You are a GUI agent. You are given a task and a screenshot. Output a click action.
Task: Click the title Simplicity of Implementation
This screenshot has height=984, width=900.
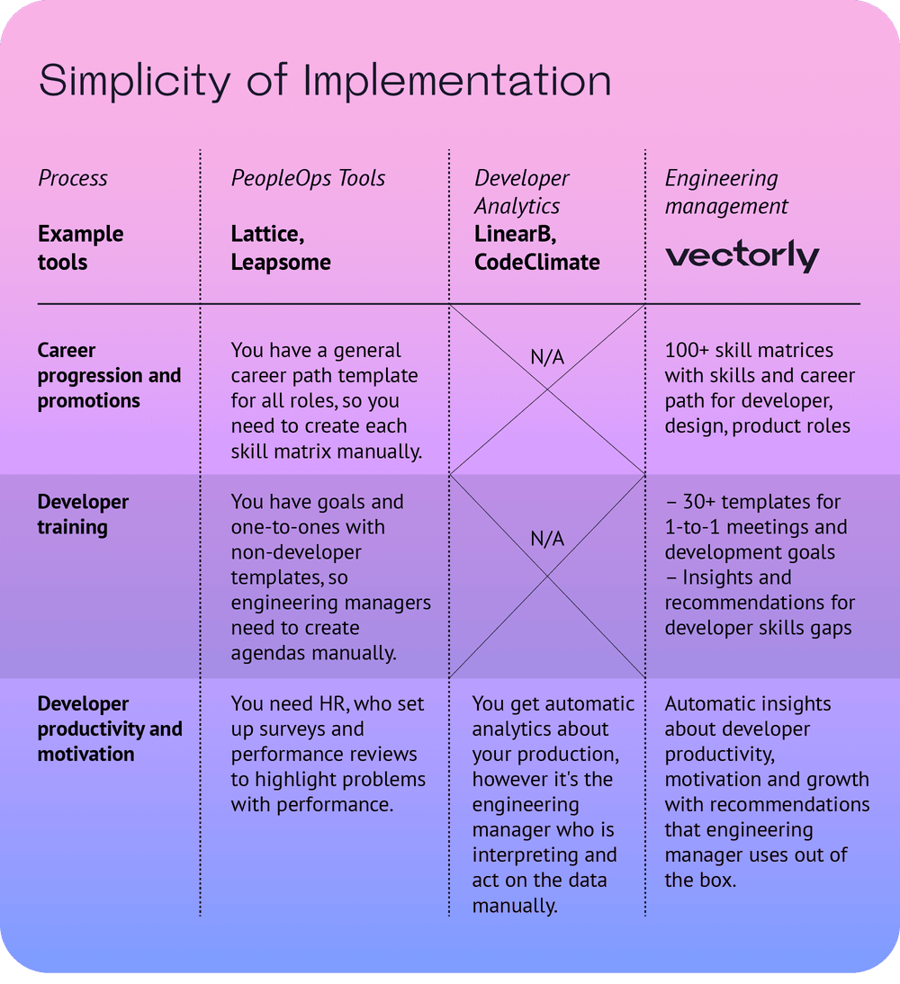(x=325, y=81)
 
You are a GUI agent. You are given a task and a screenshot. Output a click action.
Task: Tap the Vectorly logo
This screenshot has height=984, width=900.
(x=742, y=256)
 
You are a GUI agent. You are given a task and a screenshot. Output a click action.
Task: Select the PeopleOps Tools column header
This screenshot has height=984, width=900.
(x=308, y=178)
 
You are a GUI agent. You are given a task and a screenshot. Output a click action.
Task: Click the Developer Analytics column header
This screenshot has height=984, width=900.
(x=522, y=192)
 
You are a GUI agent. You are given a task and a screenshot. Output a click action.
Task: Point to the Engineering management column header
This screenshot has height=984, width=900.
(x=726, y=192)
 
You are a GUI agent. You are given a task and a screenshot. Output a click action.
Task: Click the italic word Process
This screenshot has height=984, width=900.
(x=72, y=178)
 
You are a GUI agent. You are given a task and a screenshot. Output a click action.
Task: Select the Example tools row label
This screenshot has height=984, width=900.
(x=80, y=248)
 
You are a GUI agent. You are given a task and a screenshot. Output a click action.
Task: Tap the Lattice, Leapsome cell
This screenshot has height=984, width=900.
(x=281, y=248)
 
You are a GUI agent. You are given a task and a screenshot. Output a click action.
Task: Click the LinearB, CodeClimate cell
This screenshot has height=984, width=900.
(x=536, y=248)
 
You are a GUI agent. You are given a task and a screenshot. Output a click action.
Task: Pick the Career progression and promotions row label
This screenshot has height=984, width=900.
(x=109, y=375)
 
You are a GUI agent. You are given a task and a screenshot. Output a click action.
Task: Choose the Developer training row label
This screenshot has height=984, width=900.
(x=83, y=514)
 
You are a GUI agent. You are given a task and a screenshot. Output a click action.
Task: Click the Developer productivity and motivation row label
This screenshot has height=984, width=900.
(x=110, y=729)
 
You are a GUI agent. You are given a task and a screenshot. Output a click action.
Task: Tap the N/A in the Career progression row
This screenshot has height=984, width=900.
(x=547, y=357)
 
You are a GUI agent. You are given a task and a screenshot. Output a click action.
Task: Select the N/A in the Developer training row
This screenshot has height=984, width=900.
(x=547, y=539)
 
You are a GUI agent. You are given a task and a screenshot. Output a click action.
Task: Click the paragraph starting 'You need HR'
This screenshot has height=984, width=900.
(x=328, y=754)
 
